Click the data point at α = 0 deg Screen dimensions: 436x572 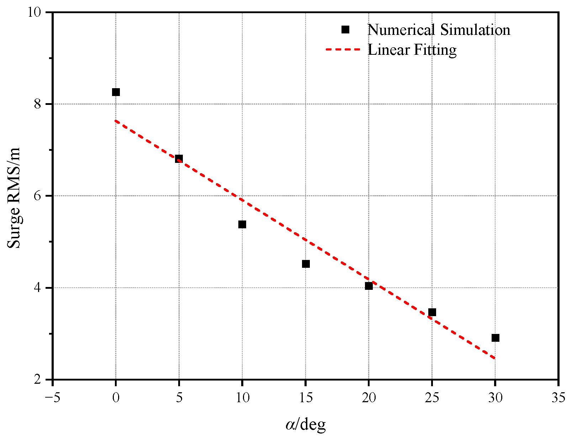[x=116, y=92]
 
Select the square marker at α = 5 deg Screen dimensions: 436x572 [x=179, y=159]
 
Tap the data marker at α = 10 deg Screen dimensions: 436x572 [x=242, y=224]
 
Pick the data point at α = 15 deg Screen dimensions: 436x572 [x=306, y=264]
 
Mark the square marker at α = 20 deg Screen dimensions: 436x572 [x=369, y=286]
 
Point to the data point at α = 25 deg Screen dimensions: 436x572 [x=432, y=312]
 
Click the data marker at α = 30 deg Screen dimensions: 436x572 [x=496, y=338]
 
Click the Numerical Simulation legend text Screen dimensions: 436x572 [x=439, y=30]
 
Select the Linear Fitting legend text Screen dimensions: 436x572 [x=412, y=50]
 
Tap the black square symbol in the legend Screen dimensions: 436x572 [x=345, y=30]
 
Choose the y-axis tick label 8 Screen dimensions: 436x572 [x=38, y=104]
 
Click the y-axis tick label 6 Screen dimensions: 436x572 [x=38, y=196]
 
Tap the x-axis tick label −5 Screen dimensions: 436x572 [x=52, y=398]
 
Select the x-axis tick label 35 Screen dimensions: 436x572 [x=558, y=398]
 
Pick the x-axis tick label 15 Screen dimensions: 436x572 [x=306, y=398]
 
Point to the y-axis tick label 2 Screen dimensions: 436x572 [x=38, y=380]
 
